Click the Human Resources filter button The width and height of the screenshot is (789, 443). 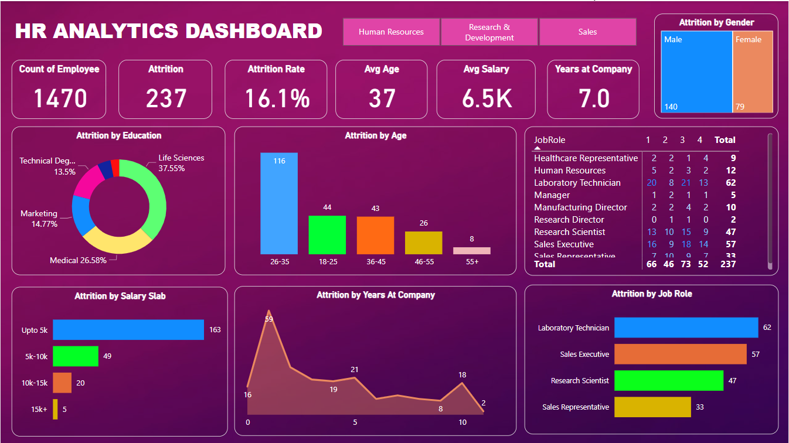point(391,32)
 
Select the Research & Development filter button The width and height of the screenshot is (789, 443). point(489,32)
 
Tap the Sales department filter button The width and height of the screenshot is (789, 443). point(587,32)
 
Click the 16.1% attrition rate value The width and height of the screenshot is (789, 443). point(277,98)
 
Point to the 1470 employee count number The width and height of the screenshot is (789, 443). point(60,98)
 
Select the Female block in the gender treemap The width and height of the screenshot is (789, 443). point(753,71)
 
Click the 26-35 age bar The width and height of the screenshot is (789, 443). point(279,203)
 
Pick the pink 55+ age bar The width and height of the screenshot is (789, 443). point(472,250)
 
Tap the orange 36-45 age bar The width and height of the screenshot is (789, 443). point(375,235)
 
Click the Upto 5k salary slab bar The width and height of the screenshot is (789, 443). point(128,330)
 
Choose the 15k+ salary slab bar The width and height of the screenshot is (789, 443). point(55,409)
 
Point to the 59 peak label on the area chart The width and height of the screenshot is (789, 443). point(269,319)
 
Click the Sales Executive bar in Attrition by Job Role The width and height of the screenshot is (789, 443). point(680,354)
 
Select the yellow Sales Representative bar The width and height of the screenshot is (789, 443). point(652,407)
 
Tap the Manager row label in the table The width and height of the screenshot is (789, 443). point(552,195)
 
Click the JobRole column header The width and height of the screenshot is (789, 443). point(549,140)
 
